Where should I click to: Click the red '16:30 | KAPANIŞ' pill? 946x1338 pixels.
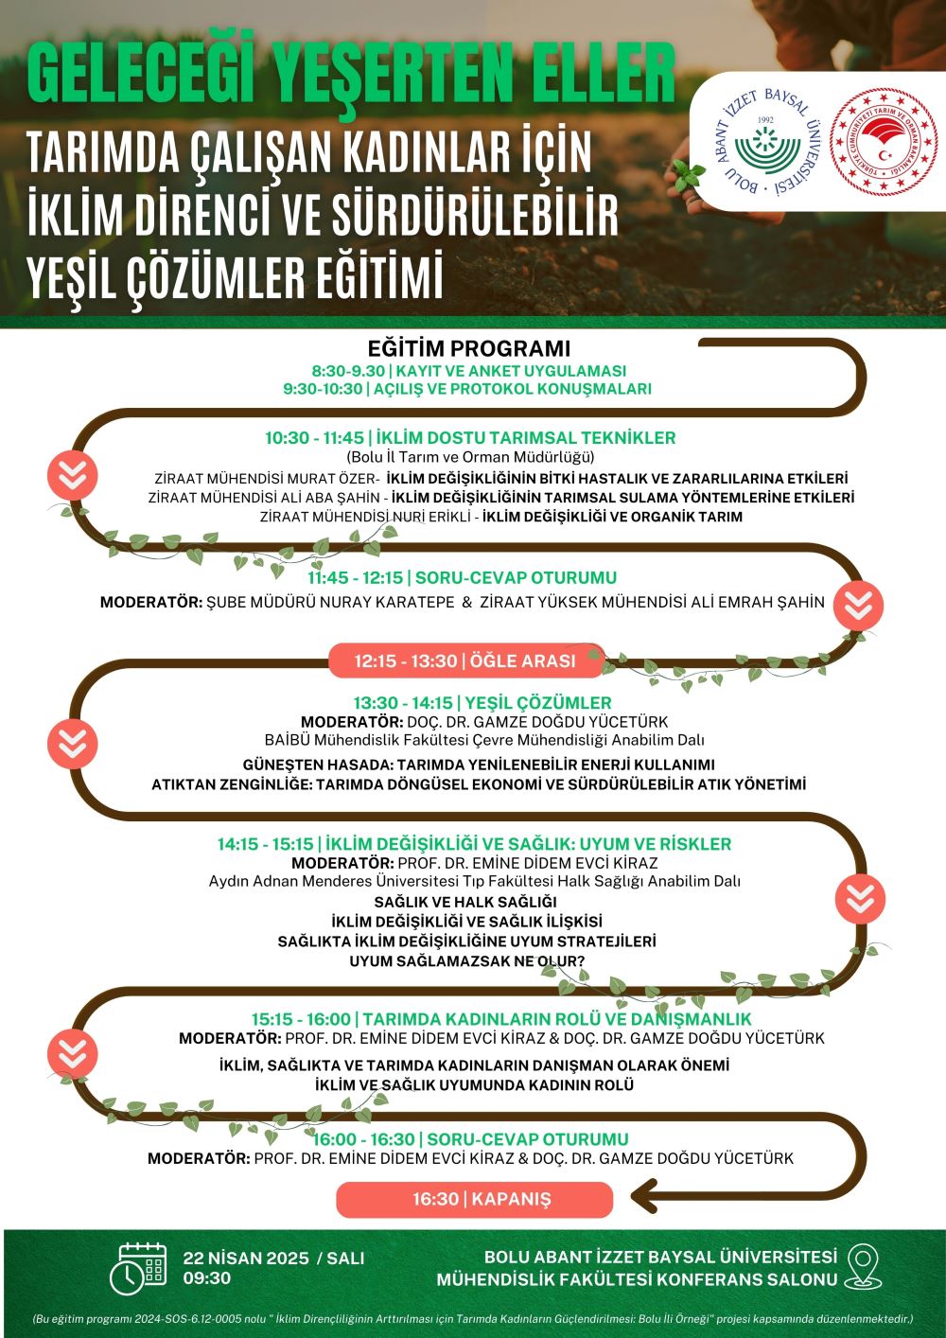coord(475,1200)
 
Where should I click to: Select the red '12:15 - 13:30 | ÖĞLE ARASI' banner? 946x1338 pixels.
coord(465,660)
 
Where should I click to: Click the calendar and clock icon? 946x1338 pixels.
coord(138,1268)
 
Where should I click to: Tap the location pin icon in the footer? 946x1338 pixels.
coord(862,1267)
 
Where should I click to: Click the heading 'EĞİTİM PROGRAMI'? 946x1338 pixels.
coord(469,348)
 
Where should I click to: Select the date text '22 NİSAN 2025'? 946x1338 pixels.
coord(246,1258)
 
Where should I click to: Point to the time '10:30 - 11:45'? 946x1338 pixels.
coord(314,438)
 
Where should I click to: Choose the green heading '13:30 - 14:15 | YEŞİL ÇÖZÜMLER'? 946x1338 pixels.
coord(482,703)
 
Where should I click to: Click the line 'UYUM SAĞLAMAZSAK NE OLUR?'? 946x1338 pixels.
coord(467,961)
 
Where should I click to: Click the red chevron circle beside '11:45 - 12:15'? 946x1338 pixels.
coord(858,606)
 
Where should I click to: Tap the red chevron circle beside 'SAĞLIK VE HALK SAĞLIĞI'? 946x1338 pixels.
coord(860,899)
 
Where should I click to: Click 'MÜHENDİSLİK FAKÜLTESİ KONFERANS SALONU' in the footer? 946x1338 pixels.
coord(638,1279)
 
